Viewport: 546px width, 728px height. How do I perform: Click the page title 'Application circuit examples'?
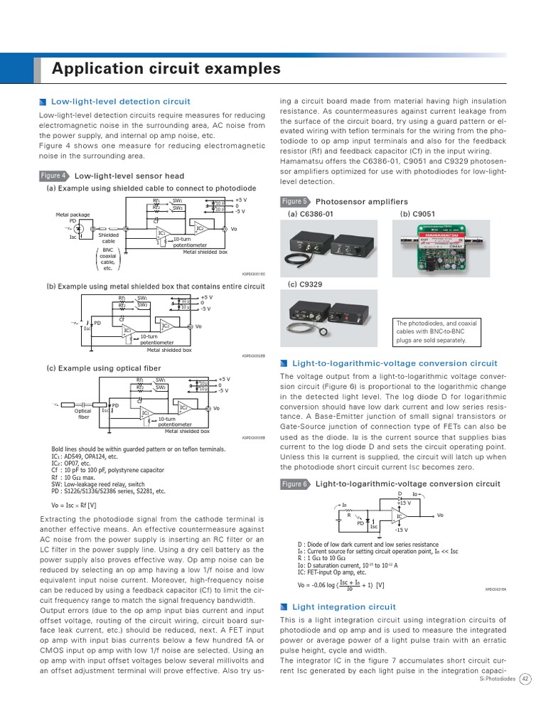tap(166, 69)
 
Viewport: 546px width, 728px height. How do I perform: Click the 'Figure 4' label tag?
tap(54, 176)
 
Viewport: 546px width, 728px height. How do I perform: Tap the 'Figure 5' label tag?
tap(294, 201)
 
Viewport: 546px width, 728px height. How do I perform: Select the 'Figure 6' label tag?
tap(294, 484)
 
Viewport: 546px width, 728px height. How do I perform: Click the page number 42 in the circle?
tap(525, 679)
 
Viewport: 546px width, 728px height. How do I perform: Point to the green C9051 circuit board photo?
tap(443, 249)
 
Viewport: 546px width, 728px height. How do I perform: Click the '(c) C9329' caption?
tap(305, 284)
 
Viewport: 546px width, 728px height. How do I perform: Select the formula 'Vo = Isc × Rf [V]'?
tap(75, 504)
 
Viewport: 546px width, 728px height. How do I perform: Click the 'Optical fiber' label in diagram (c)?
tap(84, 413)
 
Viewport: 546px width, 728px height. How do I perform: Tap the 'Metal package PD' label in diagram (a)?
tap(73, 218)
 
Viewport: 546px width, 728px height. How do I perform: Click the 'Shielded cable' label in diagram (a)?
tap(109, 238)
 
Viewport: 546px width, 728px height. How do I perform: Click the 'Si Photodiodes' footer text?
tap(496, 680)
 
